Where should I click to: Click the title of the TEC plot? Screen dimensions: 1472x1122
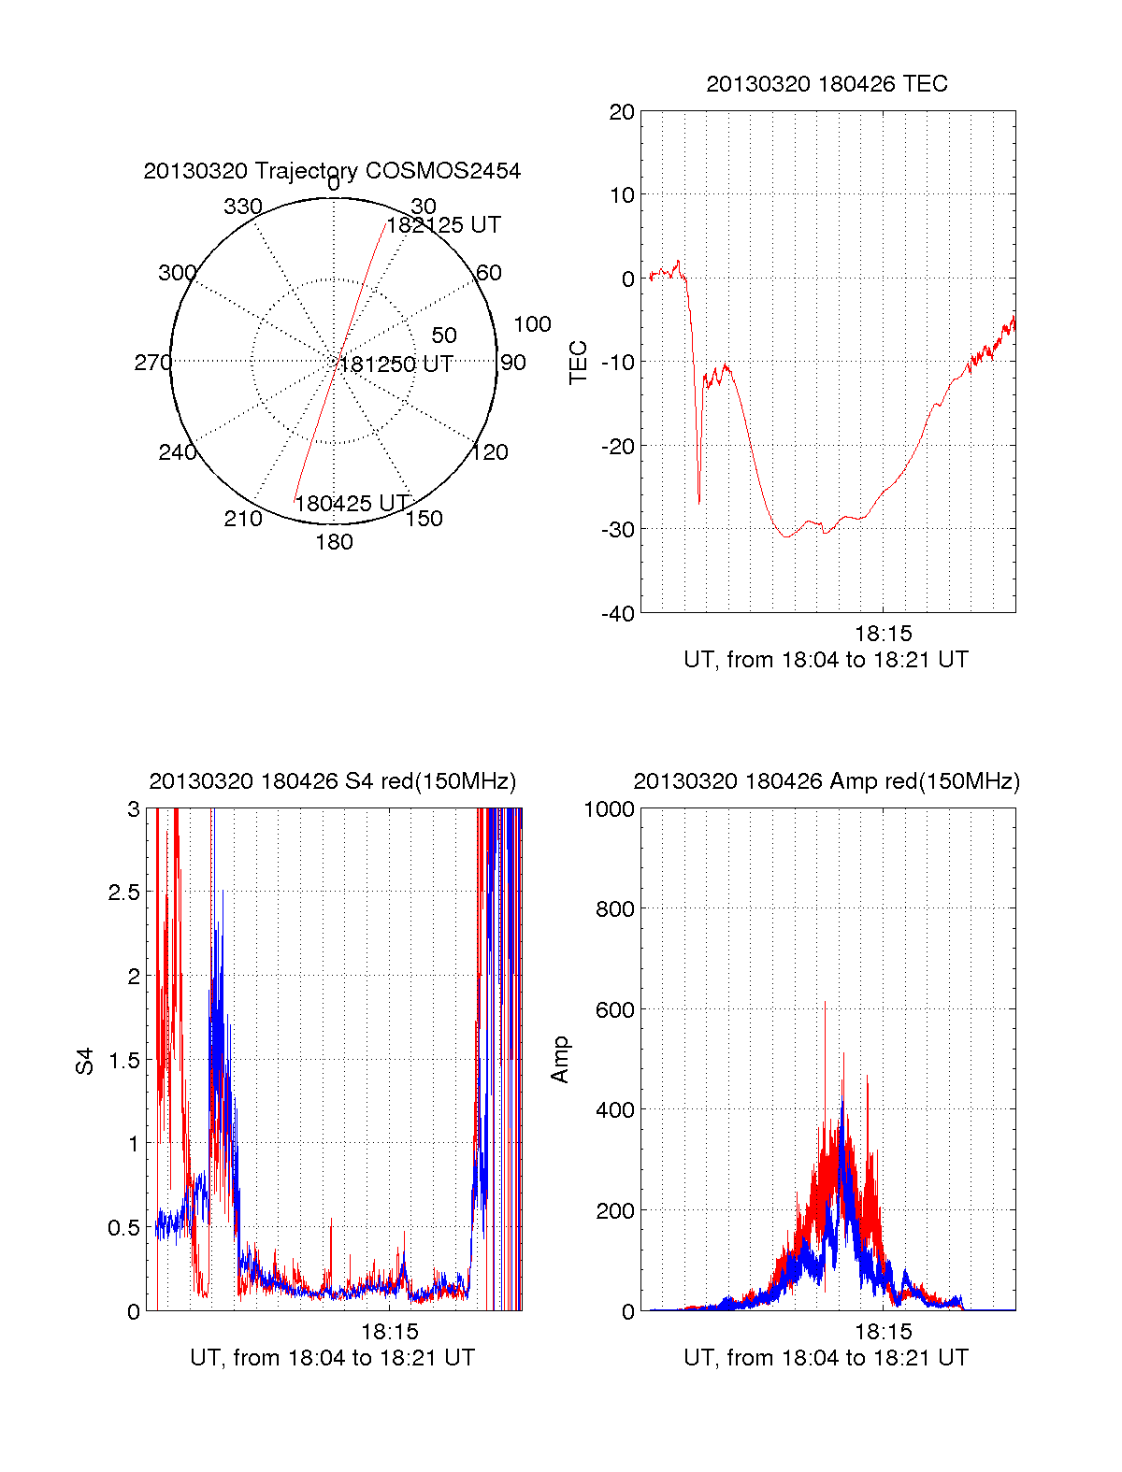tap(827, 84)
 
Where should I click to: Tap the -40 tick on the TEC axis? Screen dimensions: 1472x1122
tap(619, 614)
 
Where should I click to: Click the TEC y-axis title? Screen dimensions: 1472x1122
tap(579, 363)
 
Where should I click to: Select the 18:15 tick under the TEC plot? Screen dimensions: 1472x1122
tap(883, 635)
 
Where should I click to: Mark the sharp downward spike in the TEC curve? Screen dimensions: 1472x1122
tap(698, 500)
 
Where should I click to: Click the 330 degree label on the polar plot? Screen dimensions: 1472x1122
tap(242, 207)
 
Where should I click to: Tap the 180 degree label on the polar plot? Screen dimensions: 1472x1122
tap(334, 542)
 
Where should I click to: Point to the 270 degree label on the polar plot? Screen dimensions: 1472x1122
tap(152, 363)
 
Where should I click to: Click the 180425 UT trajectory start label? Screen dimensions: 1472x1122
tap(352, 504)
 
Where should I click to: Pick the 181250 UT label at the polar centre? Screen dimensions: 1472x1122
tap(396, 364)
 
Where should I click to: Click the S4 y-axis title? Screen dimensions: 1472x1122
tap(85, 1061)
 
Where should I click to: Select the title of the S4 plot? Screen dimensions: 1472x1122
tap(332, 781)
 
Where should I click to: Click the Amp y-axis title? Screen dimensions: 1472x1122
tap(560, 1060)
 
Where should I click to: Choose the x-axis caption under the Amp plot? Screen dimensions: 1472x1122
tap(826, 1358)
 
